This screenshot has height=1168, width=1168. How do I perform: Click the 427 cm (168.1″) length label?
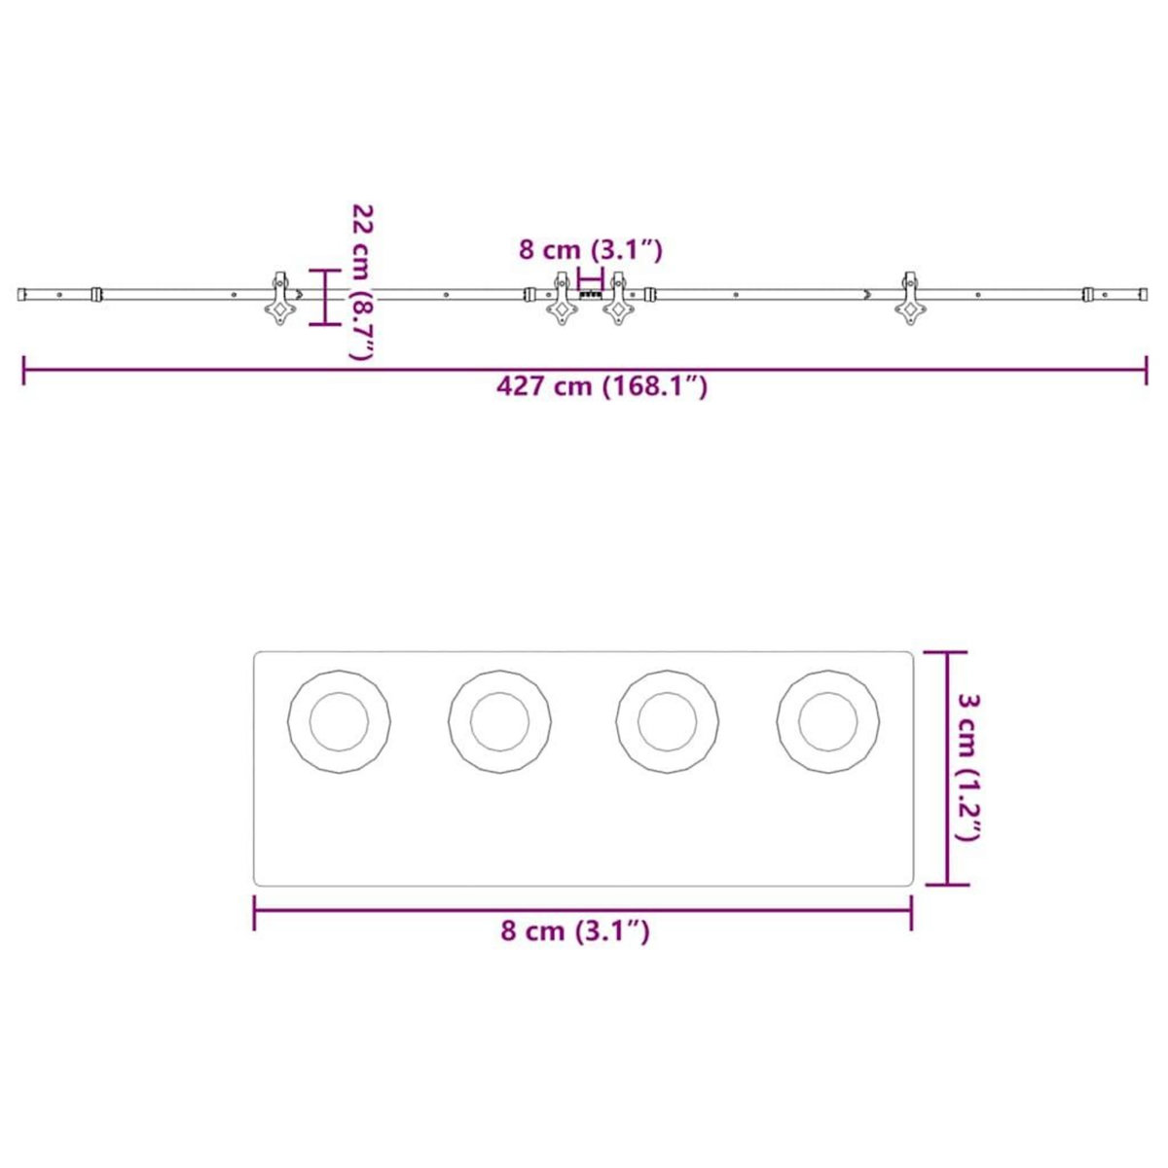(602, 386)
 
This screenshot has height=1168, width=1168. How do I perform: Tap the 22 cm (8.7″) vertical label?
(362, 282)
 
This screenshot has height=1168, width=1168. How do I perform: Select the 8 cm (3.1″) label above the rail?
(590, 250)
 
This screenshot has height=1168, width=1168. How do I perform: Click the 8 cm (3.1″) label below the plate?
(574, 931)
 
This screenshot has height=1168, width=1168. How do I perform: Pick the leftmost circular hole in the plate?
(339, 722)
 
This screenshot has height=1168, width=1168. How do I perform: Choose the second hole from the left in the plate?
(499, 722)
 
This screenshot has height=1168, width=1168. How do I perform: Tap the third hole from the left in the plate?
(668, 722)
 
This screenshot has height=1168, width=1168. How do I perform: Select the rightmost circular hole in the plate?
(828, 722)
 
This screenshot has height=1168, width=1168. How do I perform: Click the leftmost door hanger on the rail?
(279, 298)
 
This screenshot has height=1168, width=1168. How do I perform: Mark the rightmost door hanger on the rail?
(911, 298)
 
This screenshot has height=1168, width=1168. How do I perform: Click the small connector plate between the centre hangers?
(590, 292)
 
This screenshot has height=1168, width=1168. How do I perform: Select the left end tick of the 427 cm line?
(23, 370)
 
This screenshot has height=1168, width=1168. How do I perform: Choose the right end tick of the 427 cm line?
(1146, 370)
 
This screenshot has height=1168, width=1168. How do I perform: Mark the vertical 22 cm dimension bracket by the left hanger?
(324, 297)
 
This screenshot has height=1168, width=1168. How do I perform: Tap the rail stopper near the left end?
(95, 293)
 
